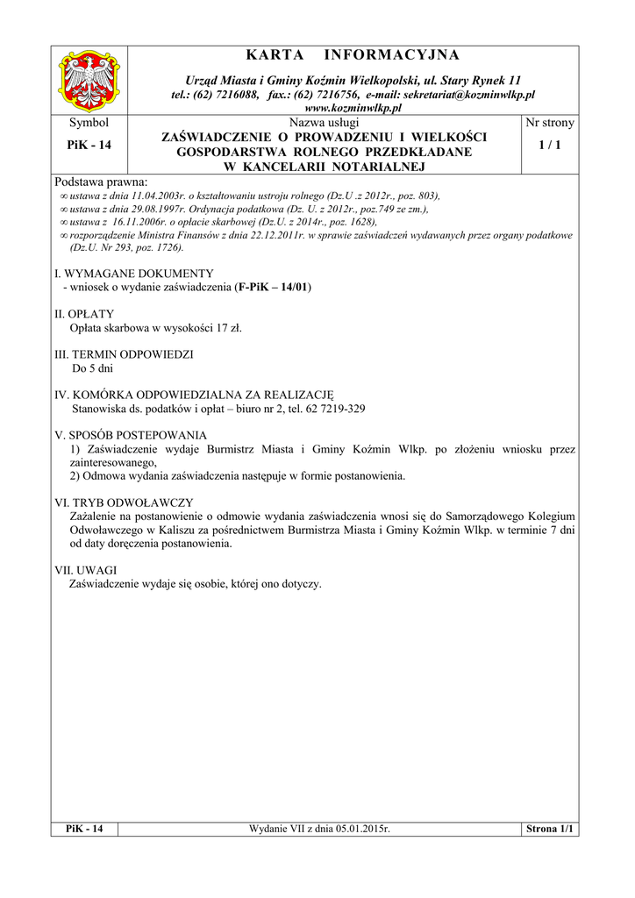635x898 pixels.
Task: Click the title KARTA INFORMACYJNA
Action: (352, 56)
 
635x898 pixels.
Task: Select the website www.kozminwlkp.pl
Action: (352, 107)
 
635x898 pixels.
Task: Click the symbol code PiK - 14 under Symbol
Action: (89, 145)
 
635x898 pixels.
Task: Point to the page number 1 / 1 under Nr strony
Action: (549, 145)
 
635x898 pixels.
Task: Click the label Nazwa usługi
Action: (324, 123)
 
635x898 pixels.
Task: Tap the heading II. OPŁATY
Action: (84, 314)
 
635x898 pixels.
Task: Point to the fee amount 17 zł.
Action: (229, 328)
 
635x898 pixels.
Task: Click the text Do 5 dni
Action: (92, 369)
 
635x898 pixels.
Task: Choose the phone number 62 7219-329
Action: (333, 410)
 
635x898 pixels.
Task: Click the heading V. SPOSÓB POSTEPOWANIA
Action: (131, 436)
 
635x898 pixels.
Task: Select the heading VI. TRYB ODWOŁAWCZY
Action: (124, 503)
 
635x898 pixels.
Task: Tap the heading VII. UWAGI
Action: (86, 570)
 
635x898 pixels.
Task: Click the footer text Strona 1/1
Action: (548, 829)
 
